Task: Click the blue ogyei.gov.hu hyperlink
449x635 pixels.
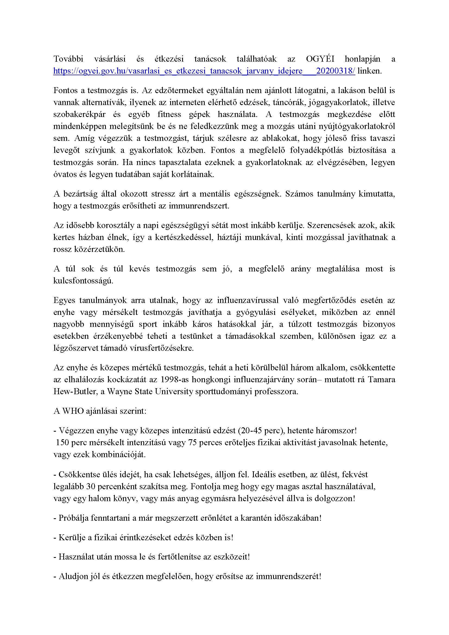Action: click(x=204, y=71)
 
